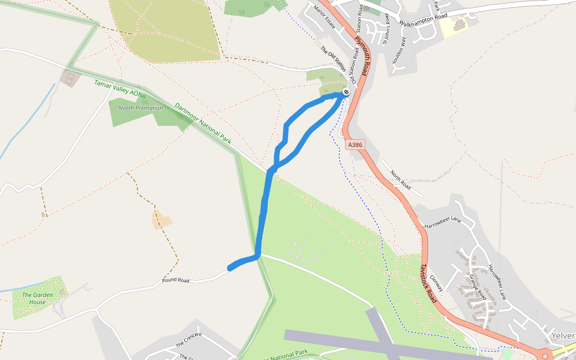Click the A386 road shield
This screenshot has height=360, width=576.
(355, 145)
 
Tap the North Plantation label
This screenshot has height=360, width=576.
(140, 108)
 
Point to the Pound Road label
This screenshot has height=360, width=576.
(175, 280)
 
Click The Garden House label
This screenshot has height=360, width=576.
(38, 298)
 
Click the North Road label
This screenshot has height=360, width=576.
(400, 179)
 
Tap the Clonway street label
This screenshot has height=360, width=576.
(436, 283)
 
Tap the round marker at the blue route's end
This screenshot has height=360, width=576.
(346, 92)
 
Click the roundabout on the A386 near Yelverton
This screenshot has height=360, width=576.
(545, 356)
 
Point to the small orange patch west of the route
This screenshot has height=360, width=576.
(161, 220)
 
